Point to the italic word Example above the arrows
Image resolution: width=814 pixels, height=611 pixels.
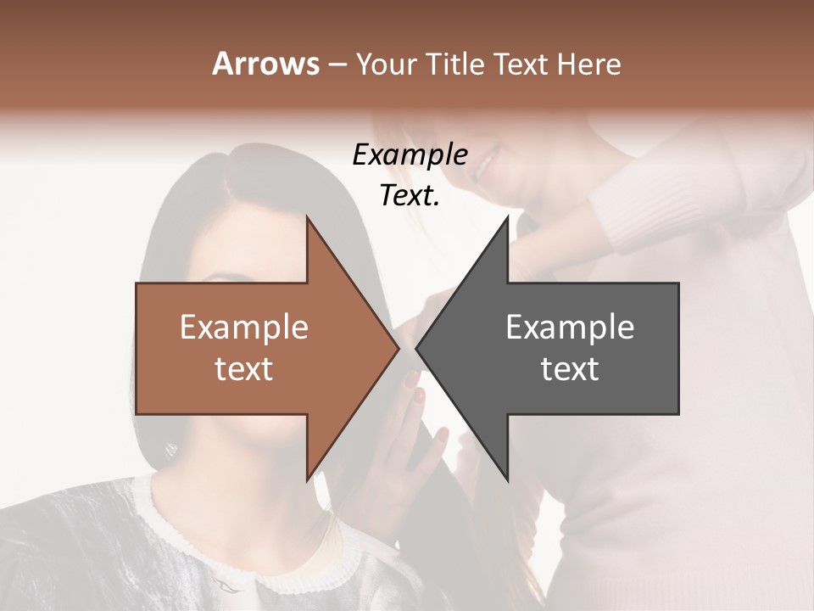(x=410, y=154)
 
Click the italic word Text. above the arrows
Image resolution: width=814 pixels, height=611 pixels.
(x=410, y=196)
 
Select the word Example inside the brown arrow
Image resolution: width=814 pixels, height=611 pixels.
(x=244, y=328)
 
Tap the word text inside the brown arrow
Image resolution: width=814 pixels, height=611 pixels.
(x=244, y=369)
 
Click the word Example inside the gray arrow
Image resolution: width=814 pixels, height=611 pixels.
(x=570, y=328)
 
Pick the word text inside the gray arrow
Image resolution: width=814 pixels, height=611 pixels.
(x=570, y=369)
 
